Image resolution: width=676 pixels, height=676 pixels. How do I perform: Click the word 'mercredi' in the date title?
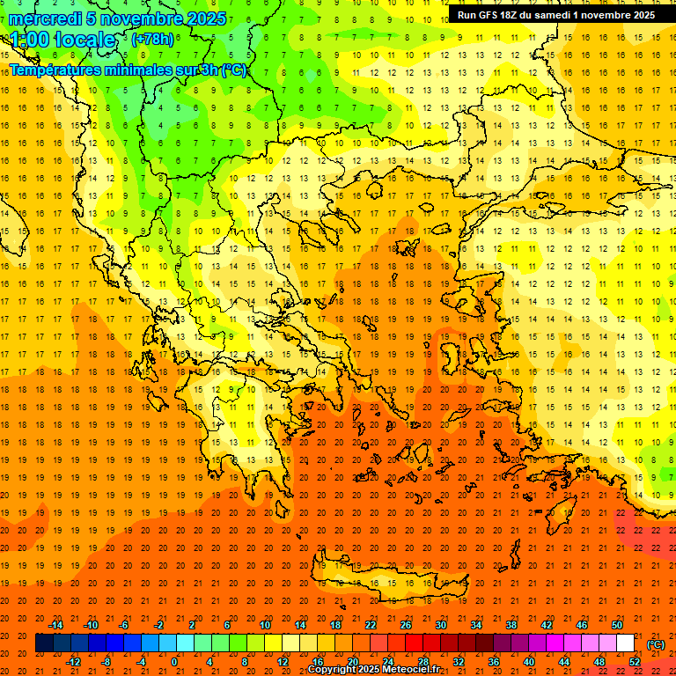[x=45, y=18]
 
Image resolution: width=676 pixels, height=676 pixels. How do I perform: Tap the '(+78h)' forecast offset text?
[x=152, y=40]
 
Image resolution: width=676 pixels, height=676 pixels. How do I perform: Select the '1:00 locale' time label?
[x=62, y=40]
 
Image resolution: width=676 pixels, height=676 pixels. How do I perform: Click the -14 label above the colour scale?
[x=56, y=624]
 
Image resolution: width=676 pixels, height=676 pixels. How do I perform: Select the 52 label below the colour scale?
[x=635, y=662]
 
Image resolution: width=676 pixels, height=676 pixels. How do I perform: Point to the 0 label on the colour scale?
[x=174, y=662]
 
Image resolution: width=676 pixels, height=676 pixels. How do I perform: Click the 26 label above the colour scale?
[x=406, y=624]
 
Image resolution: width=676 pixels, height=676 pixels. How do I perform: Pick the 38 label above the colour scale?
[x=511, y=624]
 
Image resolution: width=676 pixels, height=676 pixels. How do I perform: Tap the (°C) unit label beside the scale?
[x=656, y=643]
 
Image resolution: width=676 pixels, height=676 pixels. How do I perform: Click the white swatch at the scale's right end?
[x=625, y=643]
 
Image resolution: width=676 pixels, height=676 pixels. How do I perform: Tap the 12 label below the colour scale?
[x=283, y=662]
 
